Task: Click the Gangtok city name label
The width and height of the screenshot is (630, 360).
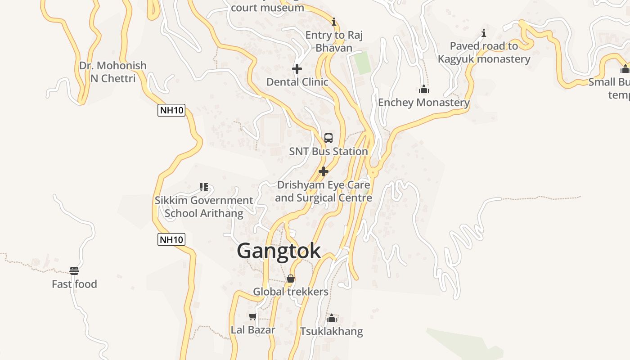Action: [279, 251]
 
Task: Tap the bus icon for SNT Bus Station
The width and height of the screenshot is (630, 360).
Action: [328, 138]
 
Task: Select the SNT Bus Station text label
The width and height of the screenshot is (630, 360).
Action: [328, 151]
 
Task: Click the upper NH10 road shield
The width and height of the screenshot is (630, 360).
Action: [171, 110]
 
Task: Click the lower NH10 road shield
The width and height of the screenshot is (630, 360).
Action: [171, 239]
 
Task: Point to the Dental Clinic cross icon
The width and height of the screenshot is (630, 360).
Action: [297, 69]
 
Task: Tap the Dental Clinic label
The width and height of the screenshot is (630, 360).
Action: [297, 82]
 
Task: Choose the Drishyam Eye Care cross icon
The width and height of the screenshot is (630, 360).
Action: [323, 171]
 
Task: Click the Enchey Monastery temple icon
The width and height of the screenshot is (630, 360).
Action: [423, 90]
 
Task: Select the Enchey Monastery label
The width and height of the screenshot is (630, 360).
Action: [423, 103]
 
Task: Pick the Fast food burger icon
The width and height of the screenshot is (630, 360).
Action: [74, 271]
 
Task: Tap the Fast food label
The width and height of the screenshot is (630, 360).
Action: [74, 284]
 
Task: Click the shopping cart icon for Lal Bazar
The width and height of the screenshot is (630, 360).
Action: [253, 317]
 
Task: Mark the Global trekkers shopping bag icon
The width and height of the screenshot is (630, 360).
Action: [291, 279]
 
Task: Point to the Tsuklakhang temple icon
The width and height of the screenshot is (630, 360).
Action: [332, 319]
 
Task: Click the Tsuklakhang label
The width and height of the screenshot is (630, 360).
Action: [332, 332]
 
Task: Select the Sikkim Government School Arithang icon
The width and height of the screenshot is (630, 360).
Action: [204, 187]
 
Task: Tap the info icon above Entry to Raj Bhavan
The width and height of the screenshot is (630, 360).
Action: [333, 22]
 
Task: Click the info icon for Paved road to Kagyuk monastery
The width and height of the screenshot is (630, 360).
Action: [484, 33]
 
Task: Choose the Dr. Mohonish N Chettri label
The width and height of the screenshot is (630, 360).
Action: [113, 72]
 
